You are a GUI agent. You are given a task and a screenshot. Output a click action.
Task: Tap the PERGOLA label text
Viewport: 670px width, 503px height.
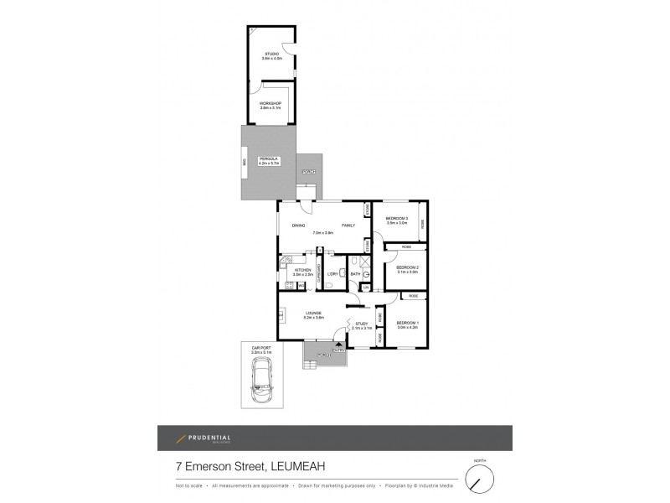[269, 160]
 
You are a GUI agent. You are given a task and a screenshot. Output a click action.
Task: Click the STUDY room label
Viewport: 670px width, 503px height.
[361, 324]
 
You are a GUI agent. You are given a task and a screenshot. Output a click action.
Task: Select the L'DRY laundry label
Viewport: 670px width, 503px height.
[332, 273]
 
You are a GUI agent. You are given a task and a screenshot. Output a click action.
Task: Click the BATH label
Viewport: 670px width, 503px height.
[355, 273]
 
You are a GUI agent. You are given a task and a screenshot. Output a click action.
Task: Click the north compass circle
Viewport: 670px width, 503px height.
[479, 480]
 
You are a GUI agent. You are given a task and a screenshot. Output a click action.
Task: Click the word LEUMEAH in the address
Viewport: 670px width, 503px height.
[301, 468]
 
